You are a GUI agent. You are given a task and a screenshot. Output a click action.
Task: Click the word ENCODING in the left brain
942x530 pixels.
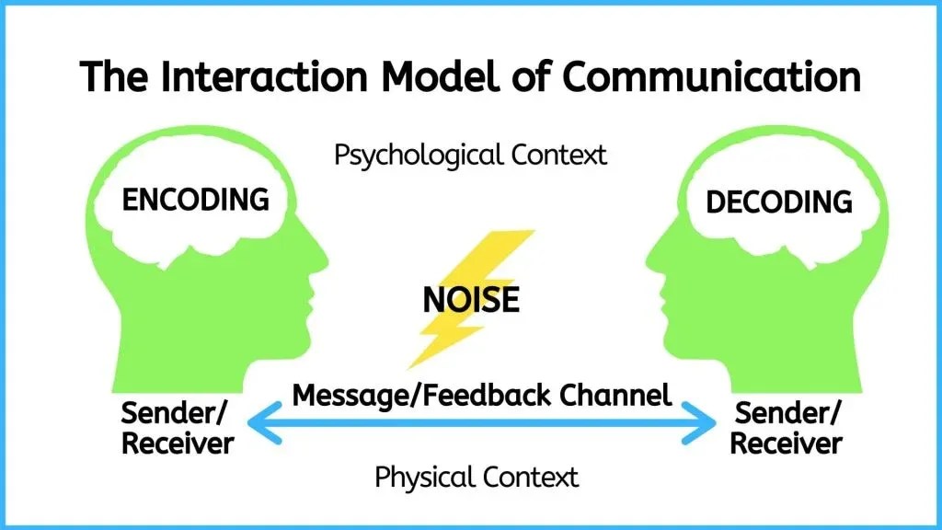[195, 199]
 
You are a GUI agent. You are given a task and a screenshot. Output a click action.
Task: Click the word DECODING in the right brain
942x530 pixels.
[778, 202]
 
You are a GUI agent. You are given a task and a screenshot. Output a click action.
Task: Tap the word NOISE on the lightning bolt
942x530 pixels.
[470, 300]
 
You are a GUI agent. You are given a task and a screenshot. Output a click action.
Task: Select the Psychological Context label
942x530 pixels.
[470, 154]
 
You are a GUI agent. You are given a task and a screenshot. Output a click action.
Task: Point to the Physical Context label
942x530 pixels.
[477, 477]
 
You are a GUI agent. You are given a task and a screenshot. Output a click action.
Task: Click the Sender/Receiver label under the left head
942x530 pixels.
[178, 427]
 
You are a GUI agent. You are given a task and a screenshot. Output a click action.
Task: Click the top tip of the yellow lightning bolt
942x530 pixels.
[532, 232]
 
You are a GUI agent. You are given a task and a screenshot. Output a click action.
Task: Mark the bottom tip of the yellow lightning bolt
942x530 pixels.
[410, 366]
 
